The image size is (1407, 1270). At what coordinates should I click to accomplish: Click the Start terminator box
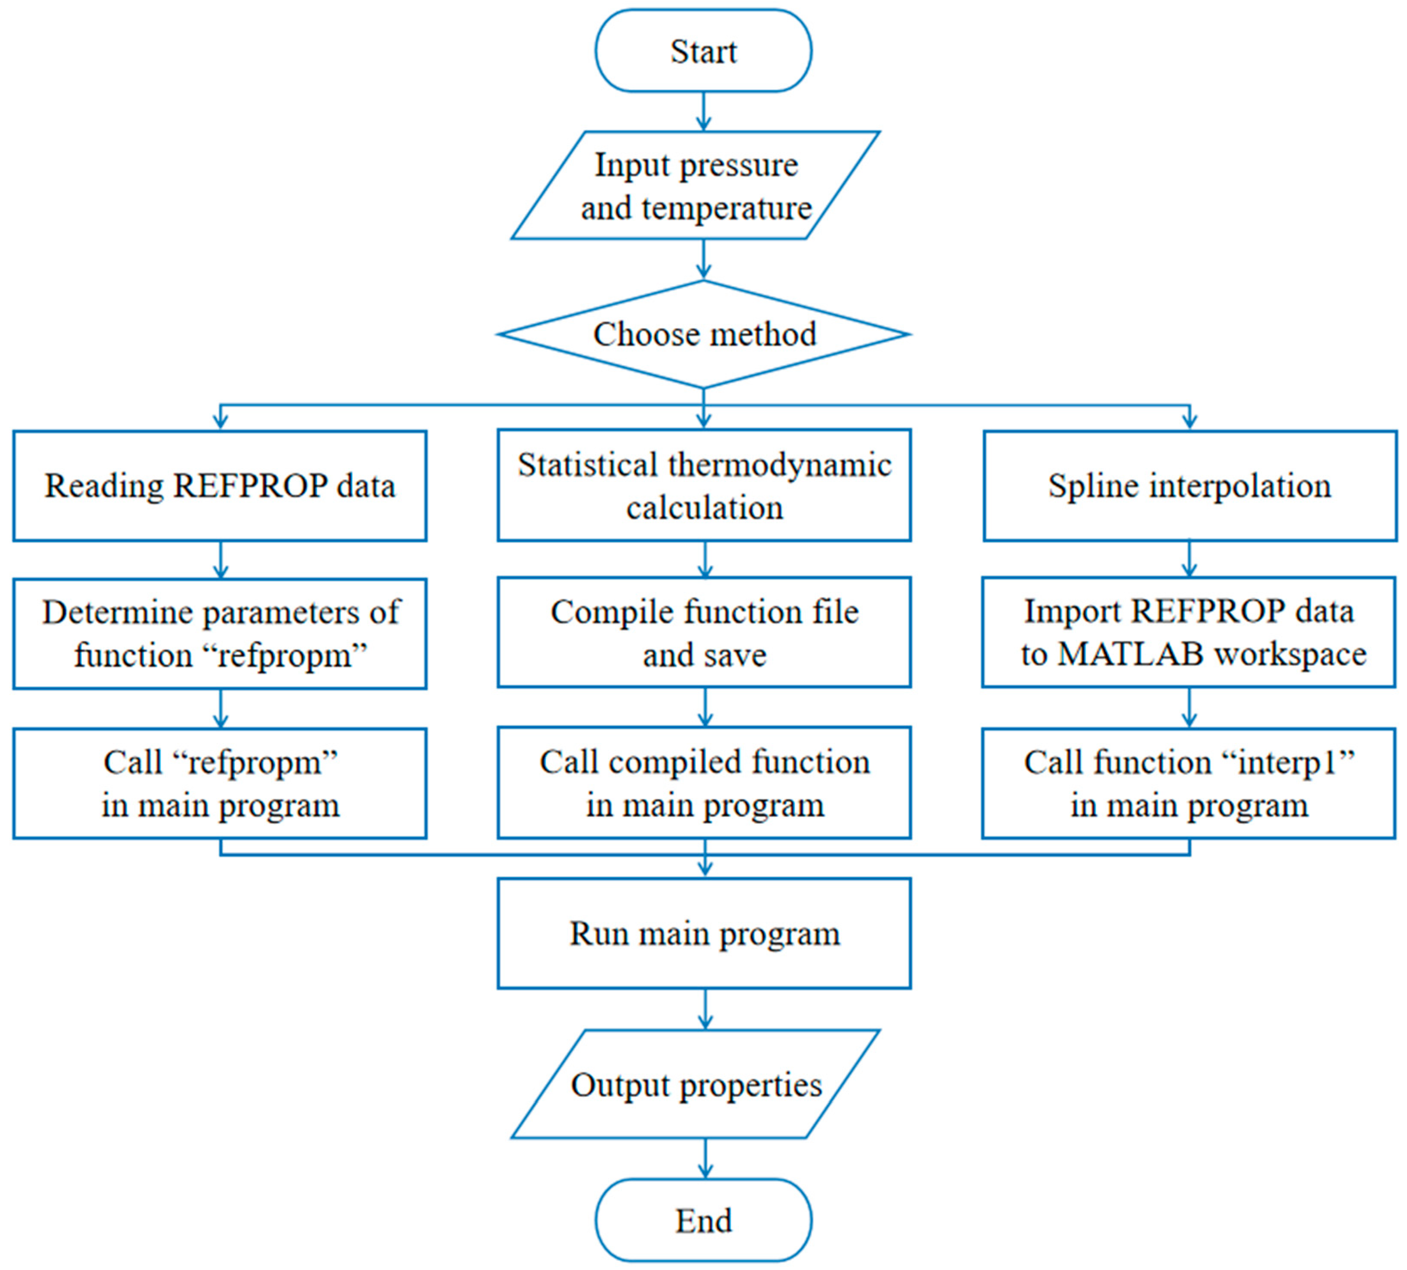point(703,51)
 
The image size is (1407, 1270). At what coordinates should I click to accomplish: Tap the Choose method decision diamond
point(703,334)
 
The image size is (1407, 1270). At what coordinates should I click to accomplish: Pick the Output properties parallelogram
point(695,1084)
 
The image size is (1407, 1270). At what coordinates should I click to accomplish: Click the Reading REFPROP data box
point(220,486)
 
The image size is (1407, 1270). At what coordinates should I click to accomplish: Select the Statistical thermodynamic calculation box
point(703,486)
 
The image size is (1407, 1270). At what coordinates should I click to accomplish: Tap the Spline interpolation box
point(1189,486)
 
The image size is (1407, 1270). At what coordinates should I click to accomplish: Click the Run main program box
point(703,933)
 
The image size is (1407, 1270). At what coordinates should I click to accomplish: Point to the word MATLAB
point(1131,655)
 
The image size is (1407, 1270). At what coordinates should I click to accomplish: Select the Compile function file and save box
point(703,633)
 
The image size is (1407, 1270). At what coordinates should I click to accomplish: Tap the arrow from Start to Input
point(703,112)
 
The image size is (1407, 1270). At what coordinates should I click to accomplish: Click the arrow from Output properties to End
point(705,1158)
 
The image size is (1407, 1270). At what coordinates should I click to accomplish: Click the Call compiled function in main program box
point(703,783)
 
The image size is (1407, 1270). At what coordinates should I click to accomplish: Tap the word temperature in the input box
point(726,208)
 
